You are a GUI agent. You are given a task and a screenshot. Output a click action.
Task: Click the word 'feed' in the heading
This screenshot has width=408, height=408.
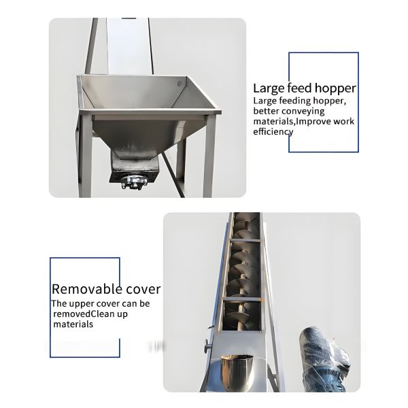pos(297,88)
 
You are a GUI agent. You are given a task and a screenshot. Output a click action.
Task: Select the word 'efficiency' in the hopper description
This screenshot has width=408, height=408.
pos(273,131)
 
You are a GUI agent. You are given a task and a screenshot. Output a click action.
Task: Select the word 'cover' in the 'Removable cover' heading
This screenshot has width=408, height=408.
pos(142,289)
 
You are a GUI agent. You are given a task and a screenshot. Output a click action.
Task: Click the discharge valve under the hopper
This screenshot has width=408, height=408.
pos(133,180)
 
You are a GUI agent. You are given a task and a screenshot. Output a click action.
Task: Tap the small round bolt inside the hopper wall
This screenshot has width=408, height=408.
pos(180,84)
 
